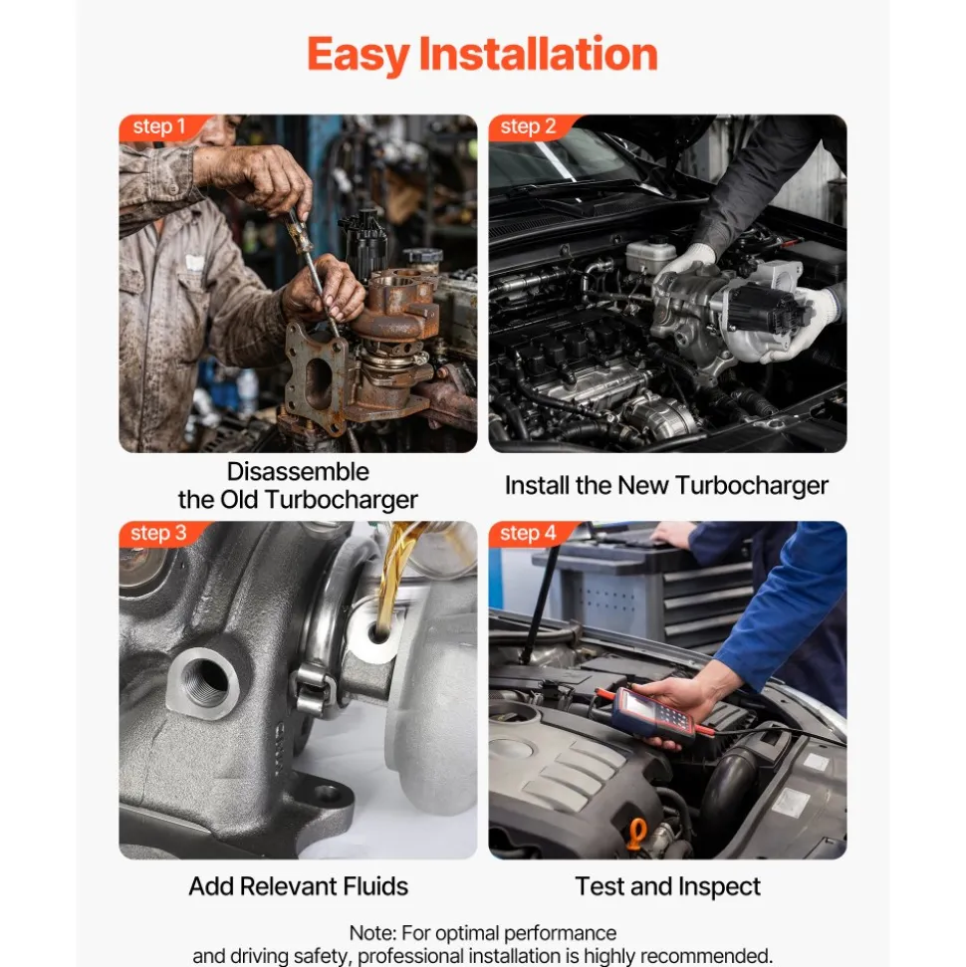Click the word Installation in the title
[539, 54]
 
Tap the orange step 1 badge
[161, 127]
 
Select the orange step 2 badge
[531, 127]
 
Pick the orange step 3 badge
[160, 534]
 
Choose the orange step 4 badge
[531, 534]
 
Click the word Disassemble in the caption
[298, 472]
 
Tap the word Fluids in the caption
[375, 886]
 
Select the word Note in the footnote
[372, 933]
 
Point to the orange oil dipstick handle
[637, 834]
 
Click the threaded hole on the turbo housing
[204, 683]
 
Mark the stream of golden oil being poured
[393, 577]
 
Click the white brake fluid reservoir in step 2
[651, 254]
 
